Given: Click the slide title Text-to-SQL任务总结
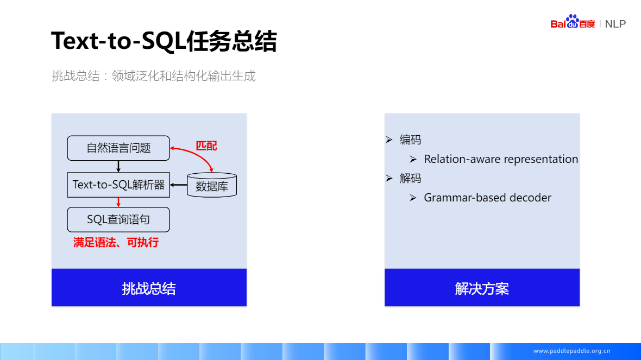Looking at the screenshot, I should (164, 41).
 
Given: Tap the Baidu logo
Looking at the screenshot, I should (573, 22).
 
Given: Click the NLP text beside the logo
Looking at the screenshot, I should (615, 24).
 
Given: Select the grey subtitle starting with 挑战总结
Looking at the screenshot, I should (153, 76).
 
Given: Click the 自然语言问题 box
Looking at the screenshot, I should (118, 148).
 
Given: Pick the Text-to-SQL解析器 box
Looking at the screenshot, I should (118, 185).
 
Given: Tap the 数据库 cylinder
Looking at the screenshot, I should (212, 186).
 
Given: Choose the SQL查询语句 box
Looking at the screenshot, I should (118, 220).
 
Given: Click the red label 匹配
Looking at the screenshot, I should (206, 146).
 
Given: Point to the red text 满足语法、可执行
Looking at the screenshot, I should (116, 243).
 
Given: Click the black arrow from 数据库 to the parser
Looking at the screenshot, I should (178, 185).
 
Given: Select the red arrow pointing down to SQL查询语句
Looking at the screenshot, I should (118, 202).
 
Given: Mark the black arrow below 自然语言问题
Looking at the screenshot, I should (118, 167).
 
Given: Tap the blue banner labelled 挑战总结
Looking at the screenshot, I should (149, 288).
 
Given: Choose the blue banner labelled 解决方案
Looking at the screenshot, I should (482, 288).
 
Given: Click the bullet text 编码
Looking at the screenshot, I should (410, 140).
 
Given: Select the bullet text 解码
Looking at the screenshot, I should (410, 179).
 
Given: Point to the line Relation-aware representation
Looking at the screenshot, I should (501, 159).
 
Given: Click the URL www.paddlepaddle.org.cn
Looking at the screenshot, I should (571, 351).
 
